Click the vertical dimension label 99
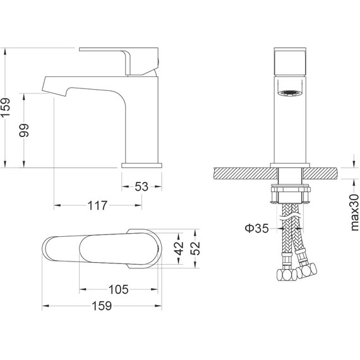(x=24, y=130)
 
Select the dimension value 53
(x=141, y=186)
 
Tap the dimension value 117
(x=97, y=205)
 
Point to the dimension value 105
(x=118, y=289)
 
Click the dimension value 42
(x=179, y=248)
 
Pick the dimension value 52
(x=195, y=248)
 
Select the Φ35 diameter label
(x=256, y=228)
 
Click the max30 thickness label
(x=354, y=212)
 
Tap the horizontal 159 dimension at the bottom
(x=102, y=306)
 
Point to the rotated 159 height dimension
(x=6, y=107)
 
